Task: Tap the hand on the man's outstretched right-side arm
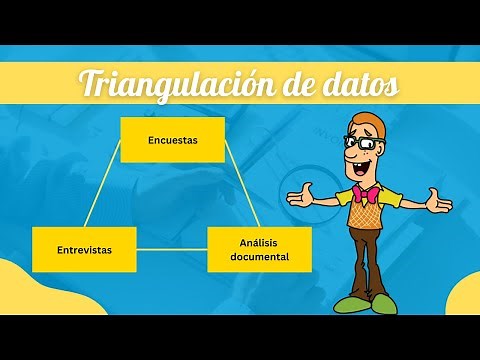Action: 436,203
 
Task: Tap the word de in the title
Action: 296,87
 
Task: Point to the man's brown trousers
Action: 368,260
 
